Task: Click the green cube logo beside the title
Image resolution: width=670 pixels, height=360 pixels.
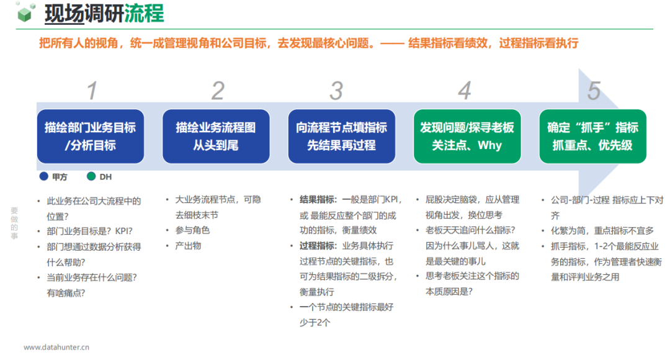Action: pyautogui.click(x=25, y=12)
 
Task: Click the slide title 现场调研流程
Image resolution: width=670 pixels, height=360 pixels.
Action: pyautogui.click(x=104, y=14)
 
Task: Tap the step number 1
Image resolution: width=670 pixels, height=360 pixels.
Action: pyautogui.click(x=92, y=91)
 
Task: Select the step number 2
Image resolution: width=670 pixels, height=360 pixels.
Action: pyautogui.click(x=217, y=91)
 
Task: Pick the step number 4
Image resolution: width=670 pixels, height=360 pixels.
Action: pyautogui.click(x=465, y=91)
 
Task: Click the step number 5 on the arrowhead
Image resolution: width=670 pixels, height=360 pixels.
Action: pyautogui.click(x=594, y=91)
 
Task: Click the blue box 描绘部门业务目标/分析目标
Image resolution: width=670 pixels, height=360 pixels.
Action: pyautogui.click(x=91, y=137)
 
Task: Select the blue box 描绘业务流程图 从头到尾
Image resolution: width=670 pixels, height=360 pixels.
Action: pyautogui.click(x=216, y=137)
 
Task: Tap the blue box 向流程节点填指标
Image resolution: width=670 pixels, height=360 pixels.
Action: pyautogui.click(x=342, y=137)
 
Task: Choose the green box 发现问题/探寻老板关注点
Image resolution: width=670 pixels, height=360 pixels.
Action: pyautogui.click(x=467, y=137)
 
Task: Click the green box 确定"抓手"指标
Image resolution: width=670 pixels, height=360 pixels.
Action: pyautogui.click(x=592, y=137)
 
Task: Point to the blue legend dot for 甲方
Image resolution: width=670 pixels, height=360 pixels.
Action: pyautogui.click(x=43, y=177)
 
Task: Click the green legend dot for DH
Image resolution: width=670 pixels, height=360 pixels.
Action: pyautogui.click(x=91, y=177)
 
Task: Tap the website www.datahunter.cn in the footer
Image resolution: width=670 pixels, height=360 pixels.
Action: pyautogui.click(x=56, y=348)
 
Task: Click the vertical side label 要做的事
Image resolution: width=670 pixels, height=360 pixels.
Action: pyautogui.click(x=14, y=223)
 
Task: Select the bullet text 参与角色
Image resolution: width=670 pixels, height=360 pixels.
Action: pyautogui.click(x=192, y=230)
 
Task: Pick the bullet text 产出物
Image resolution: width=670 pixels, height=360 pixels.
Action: pyautogui.click(x=188, y=245)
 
